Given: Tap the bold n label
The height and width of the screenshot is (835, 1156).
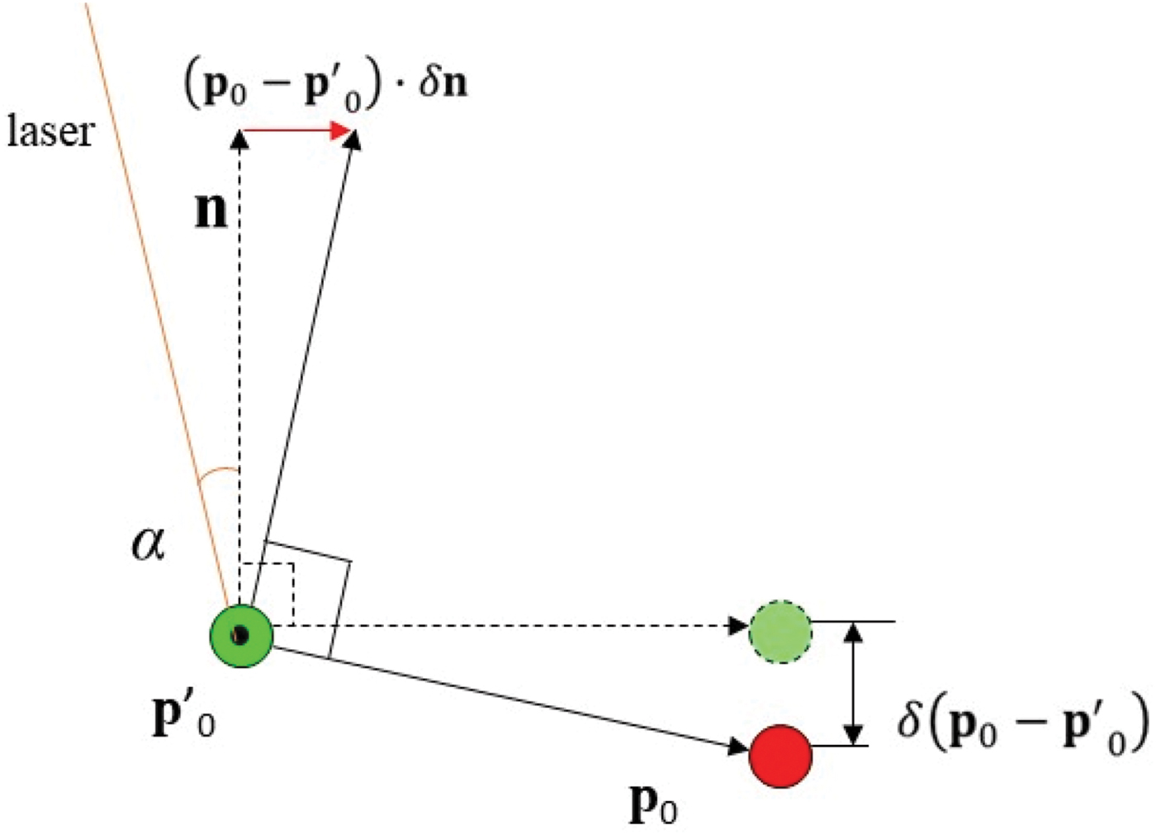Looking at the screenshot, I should pos(211,211).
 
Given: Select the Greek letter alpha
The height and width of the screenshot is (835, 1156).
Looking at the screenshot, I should pos(149,545).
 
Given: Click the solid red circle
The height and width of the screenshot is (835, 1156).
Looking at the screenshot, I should pos(780,756).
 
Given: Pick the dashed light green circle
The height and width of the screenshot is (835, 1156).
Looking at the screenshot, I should pos(780,632).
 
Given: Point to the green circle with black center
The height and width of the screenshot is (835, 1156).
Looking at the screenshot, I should pos(240,635).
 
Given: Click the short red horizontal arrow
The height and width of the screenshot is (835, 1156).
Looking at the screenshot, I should pos(297,130).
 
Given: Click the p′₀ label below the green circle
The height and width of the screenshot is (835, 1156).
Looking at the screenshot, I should pos(183,716).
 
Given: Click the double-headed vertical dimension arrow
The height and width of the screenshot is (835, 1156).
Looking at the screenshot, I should pos(855,684).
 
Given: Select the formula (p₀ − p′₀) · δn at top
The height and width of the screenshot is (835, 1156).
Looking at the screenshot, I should pos(325,86).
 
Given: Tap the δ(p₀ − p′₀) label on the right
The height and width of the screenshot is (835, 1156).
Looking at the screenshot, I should pos(1022,724).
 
